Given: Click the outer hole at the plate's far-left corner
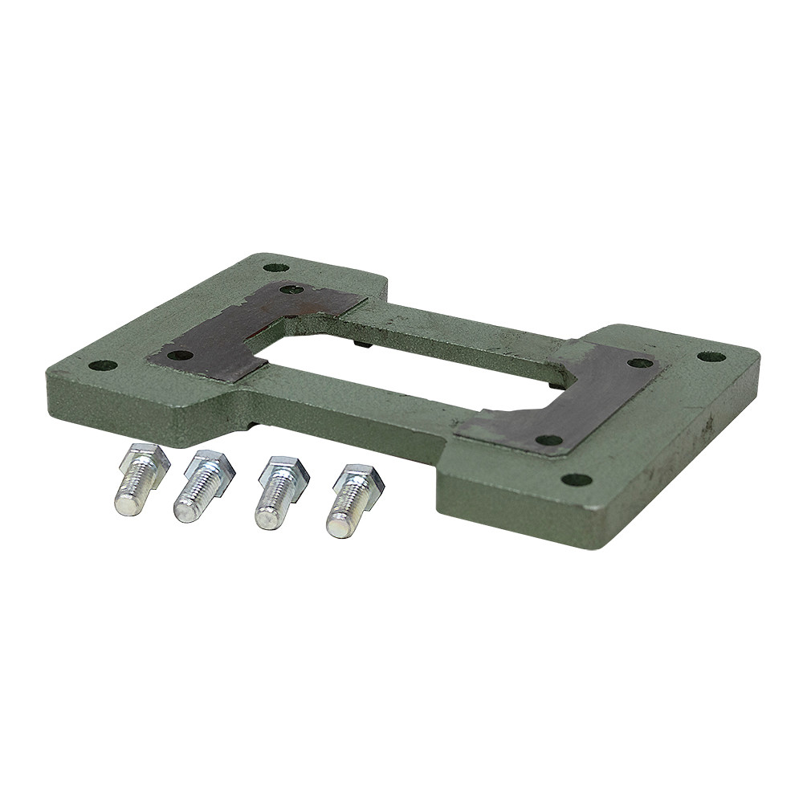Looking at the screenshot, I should pyautogui.click(x=103, y=365).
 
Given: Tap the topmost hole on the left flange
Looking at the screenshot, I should pyautogui.click(x=275, y=267).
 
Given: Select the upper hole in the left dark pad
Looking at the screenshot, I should pyautogui.click(x=292, y=289).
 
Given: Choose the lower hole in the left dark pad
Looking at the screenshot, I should pyautogui.click(x=181, y=355).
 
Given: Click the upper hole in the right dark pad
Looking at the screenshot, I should pyautogui.click(x=639, y=363).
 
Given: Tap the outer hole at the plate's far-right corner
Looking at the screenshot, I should pyautogui.click(x=711, y=357).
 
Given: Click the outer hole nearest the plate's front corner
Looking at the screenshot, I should pyautogui.click(x=576, y=480).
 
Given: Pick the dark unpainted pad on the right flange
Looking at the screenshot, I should pyautogui.click(x=578, y=401).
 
